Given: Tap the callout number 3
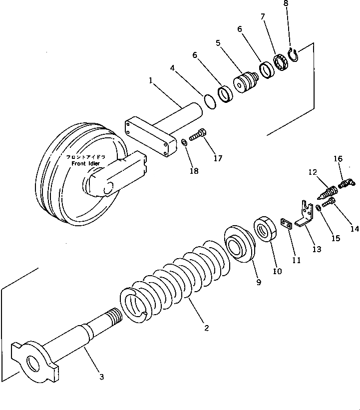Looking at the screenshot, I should point(101,377).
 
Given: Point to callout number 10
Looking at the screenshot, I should point(277,271).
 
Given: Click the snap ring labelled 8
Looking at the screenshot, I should point(294,54).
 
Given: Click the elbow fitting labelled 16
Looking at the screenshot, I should point(345,183).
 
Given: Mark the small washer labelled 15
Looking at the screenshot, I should point(318,208).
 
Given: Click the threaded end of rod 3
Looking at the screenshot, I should point(112,316).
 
